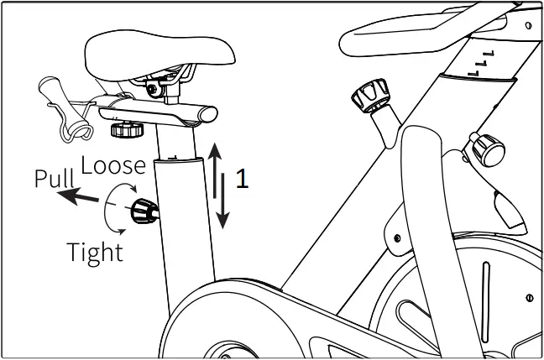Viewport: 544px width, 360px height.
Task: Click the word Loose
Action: [115, 164]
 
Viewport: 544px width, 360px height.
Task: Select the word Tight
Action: [94, 251]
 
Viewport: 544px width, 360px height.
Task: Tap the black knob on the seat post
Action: [143, 212]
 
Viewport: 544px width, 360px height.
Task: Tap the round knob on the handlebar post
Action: [484, 150]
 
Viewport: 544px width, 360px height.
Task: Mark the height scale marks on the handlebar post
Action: [482, 62]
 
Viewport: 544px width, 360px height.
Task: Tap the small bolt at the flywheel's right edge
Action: [531, 296]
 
